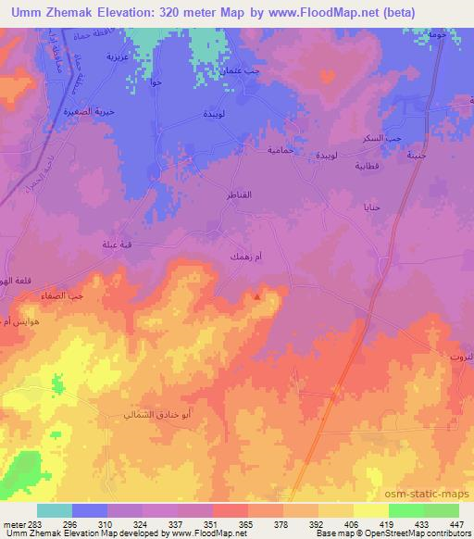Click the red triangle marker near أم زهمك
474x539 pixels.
click(x=257, y=296)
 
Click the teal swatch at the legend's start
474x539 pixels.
click(x=54, y=510)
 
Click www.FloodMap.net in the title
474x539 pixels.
click(x=311, y=12)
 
